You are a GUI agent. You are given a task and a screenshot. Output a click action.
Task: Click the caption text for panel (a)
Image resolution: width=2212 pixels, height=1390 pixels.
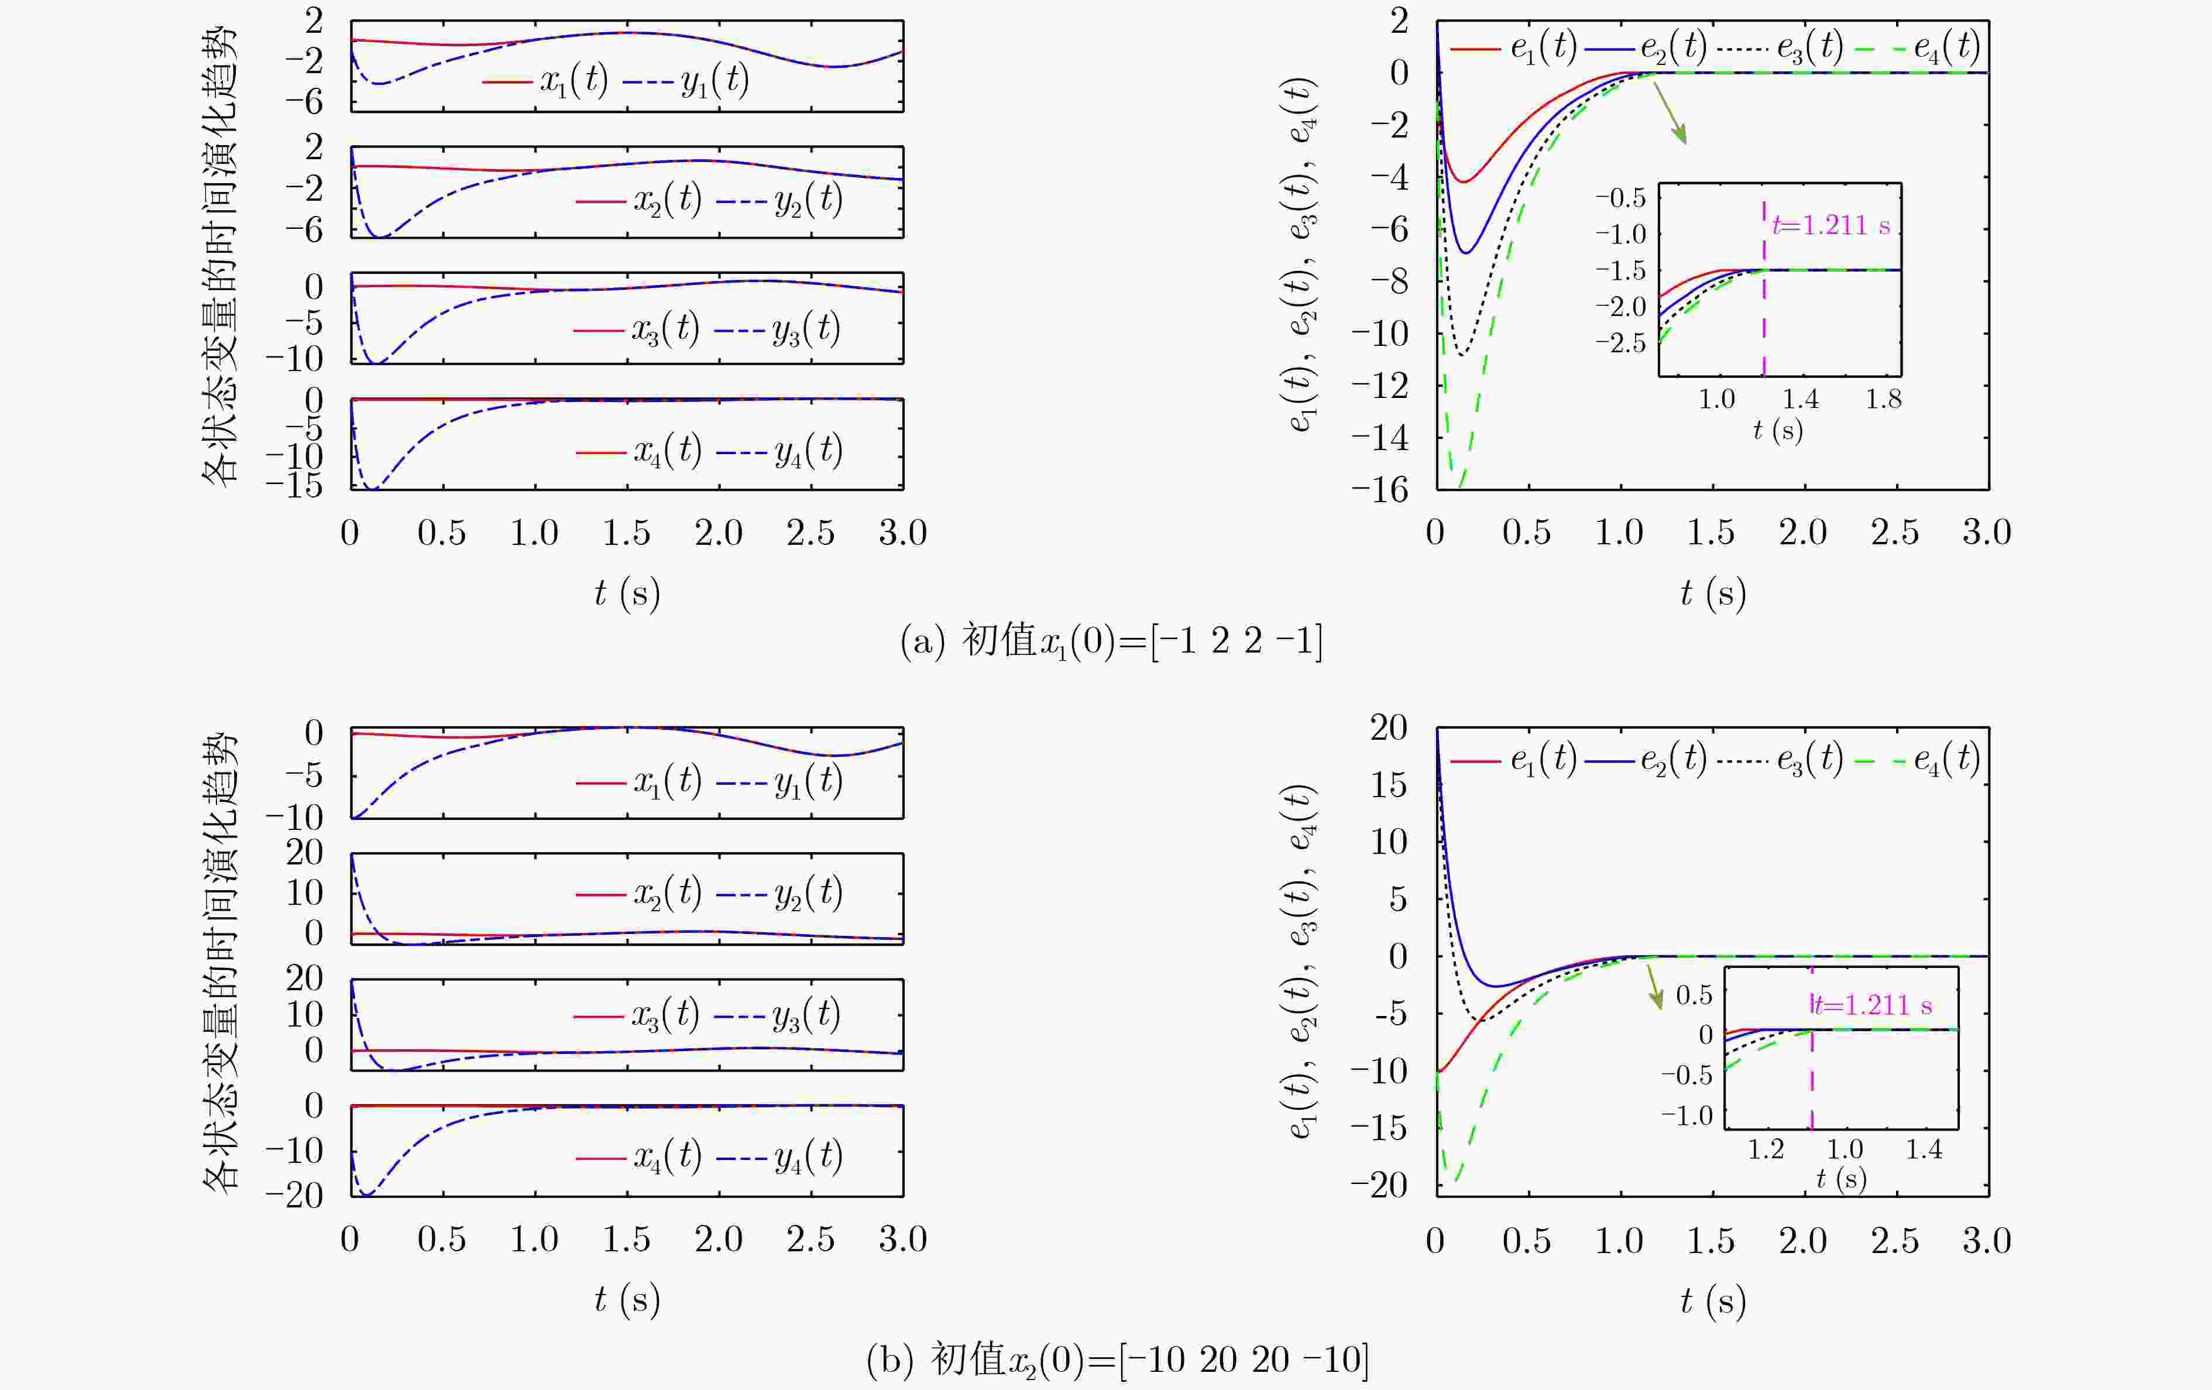[1111, 640]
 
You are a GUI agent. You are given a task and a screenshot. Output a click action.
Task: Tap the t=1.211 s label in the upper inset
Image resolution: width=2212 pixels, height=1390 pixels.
[1831, 225]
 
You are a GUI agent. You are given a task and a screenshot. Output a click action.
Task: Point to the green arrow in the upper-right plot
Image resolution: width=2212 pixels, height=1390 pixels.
[1670, 113]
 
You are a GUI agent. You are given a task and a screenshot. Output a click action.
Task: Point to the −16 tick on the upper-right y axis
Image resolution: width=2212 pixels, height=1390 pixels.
[1380, 490]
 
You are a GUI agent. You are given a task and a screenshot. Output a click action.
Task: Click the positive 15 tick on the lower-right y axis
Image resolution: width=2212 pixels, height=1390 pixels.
[1388, 785]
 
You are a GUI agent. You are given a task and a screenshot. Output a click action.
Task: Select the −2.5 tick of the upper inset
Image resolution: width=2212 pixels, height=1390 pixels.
[1622, 344]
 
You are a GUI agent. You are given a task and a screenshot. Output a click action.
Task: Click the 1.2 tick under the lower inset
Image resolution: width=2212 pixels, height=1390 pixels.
[1766, 1149]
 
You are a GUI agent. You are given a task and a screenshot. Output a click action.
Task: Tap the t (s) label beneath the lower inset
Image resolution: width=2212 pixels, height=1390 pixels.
[1842, 1179]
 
